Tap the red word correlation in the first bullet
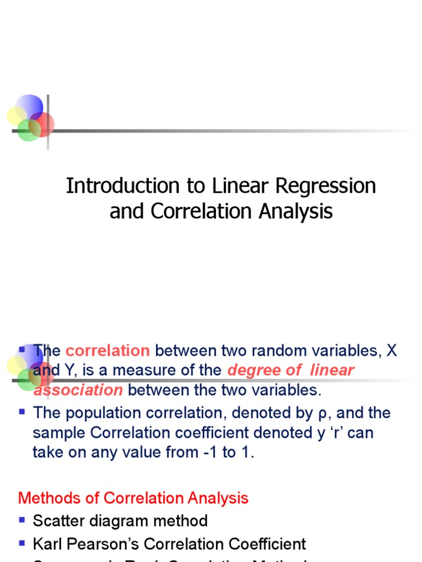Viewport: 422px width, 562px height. [x=108, y=351]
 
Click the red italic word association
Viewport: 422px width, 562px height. [x=78, y=390]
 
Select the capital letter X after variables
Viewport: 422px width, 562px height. [x=391, y=351]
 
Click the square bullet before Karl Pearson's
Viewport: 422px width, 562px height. [x=22, y=543]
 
